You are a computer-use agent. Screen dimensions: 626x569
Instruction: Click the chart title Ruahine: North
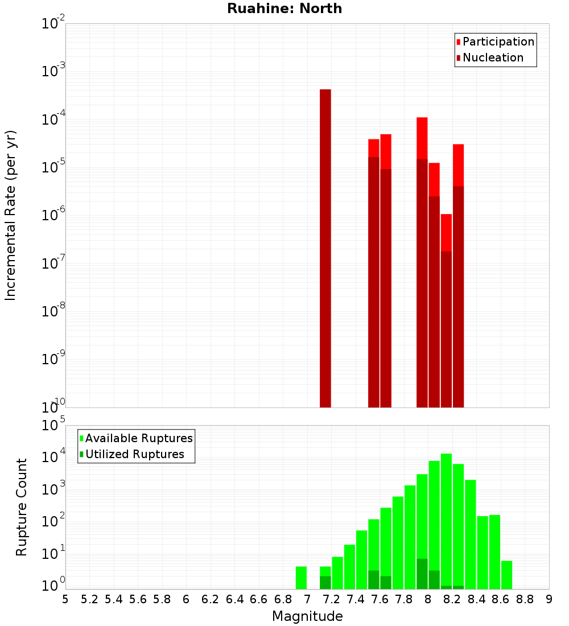tap(284, 9)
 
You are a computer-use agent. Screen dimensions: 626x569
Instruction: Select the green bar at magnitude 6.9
tap(301, 578)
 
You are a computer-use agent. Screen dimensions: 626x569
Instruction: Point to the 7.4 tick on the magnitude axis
tap(356, 599)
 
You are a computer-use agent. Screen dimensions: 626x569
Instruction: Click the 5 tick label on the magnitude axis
tap(65, 599)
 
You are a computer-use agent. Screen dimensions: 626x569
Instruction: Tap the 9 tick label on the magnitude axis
tap(549, 599)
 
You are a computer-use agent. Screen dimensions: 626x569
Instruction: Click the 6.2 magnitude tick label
tap(211, 599)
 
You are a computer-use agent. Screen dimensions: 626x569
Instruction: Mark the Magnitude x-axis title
tap(307, 616)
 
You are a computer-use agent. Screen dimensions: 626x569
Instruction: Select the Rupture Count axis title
tap(22, 506)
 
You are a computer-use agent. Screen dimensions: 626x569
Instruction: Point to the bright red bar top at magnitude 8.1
tap(446, 215)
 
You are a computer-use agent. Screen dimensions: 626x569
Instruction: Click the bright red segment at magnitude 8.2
tap(458, 165)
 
